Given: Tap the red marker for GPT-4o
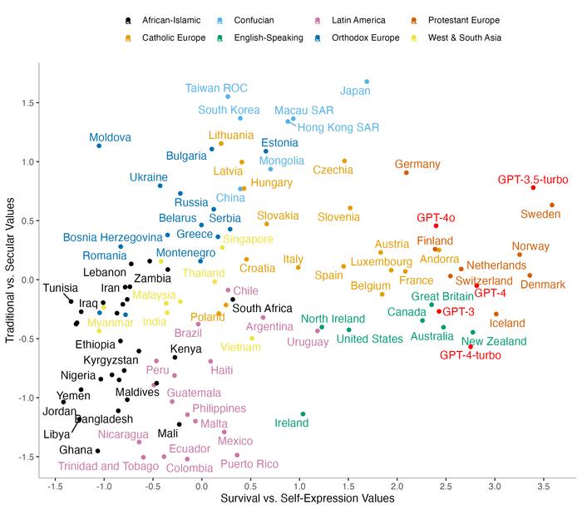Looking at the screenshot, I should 436,225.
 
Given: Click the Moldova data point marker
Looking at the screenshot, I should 99,146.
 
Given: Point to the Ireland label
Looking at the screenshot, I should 292,423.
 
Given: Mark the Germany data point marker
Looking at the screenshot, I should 406,172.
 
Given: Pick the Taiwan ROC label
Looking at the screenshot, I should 216,87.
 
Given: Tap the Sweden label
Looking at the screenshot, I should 540,215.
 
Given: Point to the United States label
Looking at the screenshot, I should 369,339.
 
